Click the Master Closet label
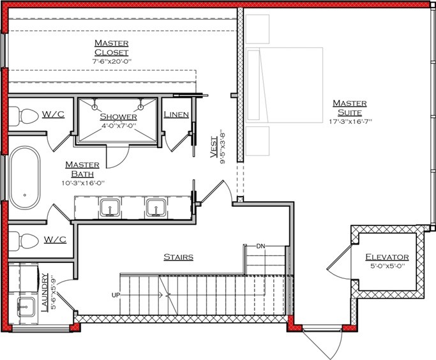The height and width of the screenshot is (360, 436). coord(111,47)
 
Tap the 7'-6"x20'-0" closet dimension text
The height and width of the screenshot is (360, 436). coord(111,62)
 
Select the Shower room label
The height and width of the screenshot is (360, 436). coord(118,117)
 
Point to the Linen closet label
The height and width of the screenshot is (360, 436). coord(176,115)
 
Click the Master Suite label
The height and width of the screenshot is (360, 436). coord(349,108)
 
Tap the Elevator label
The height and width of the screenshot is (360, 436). coord(387,257)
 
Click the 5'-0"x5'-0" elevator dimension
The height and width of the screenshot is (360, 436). coord(387,268)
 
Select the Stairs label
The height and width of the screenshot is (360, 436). coord(179,257)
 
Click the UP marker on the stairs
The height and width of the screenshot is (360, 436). coord(116,294)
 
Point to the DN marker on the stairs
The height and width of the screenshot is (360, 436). coord(260,246)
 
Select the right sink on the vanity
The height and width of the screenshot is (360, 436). coord(155,207)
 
